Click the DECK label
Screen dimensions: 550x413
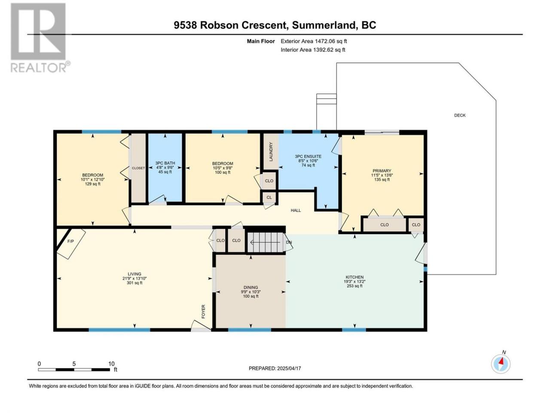point(460,115)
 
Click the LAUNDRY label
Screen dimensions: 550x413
point(271,152)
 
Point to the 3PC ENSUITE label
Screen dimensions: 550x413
point(308,157)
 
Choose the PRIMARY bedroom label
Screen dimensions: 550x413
point(382,171)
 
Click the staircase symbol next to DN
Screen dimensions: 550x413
point(266,243)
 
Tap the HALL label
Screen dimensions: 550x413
point(296,210)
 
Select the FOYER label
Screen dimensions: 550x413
point(203,311)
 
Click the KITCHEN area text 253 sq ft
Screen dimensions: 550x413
point(354,286)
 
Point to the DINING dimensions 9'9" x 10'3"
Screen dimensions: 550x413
point(251,292)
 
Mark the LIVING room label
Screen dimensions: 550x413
point(134,274)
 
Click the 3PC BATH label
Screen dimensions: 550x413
point(165,163)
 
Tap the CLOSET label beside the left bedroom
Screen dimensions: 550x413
point(138,168)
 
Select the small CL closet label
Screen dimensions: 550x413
point(269,197)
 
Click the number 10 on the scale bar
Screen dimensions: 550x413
point(111,364)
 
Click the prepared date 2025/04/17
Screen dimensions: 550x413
point(289,368)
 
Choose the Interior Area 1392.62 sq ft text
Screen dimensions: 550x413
point(313,49)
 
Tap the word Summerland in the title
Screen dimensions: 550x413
point(324,25)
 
